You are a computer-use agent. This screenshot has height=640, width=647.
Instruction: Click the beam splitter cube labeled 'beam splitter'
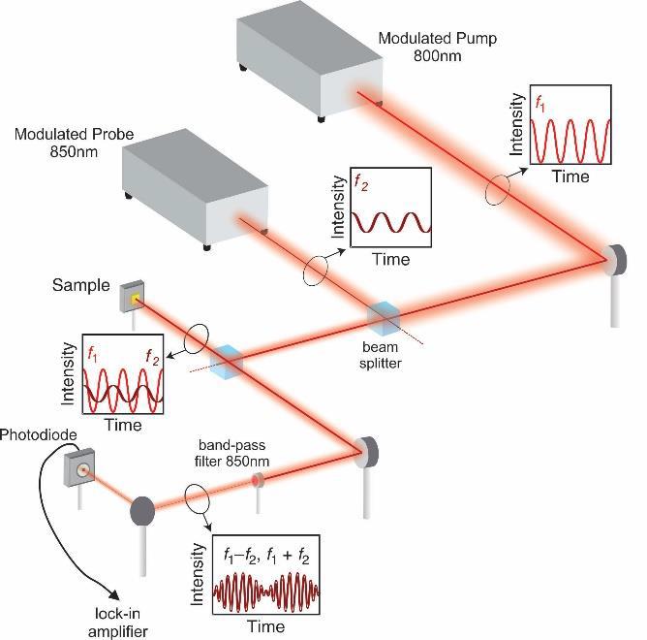click(x=384, y=316)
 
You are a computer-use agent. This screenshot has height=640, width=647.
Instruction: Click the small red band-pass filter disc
click(x=258, y=481)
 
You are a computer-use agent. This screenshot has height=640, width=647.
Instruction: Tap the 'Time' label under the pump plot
click(x=570, y=176)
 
